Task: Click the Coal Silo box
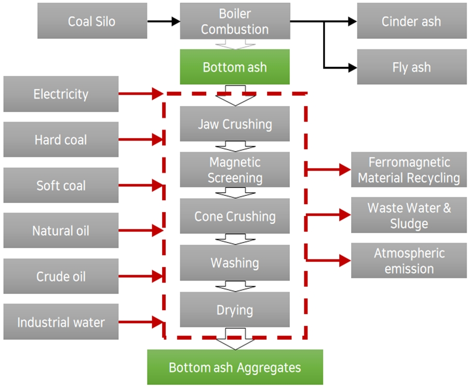(x=92, y=21)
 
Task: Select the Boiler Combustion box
(x=235, y=21)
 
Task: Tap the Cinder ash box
(x=411, y=21)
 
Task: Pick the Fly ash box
(x=411, y=67)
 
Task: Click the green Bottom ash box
(x=235, y=67)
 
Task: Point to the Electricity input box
(x=61, y=94)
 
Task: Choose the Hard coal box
(x=61, y=140)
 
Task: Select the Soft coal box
(x=61, y=185)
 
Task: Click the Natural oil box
(x=61, y=231)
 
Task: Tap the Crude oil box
(x=61, y=276)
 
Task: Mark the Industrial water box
(x=61, y=322)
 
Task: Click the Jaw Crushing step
(x=235, y=124)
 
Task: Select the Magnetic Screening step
(x=235, y=170)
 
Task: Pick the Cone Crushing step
(x=235, y=216)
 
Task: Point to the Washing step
(x=235, y=263)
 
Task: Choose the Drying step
(x=235, y=310)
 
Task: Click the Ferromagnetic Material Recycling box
(x=409, y=170)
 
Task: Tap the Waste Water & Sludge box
(x=409, y=216)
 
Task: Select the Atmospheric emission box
(x=409, y=261)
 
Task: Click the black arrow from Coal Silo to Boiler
(x=163, y=22)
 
